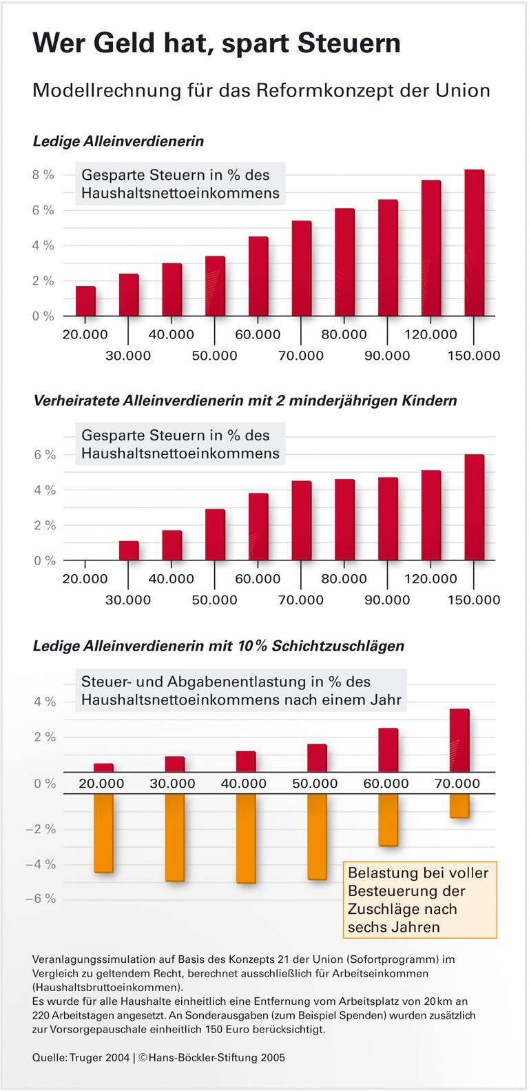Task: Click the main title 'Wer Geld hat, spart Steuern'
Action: coord(216,43)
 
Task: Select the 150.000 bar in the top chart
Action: coord(474,243)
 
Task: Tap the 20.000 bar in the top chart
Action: coord(85,301)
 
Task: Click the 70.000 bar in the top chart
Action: coord(301,268)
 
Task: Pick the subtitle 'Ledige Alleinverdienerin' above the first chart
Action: coord(118,141)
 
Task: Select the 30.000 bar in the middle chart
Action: coord(129,551)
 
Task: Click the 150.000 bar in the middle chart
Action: coord(474,507)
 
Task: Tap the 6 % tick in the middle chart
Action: coord(44,455)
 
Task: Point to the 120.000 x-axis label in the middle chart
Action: coord(431,579)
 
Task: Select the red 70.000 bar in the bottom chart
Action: coord(459,740)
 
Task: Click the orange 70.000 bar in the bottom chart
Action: coord(459,806)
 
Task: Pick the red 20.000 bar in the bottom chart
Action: coord(103,768)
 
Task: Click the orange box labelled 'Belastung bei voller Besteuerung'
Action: coord(419,899)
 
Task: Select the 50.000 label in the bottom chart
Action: coord(315,784)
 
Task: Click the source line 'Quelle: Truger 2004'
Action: coord(81,1057)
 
